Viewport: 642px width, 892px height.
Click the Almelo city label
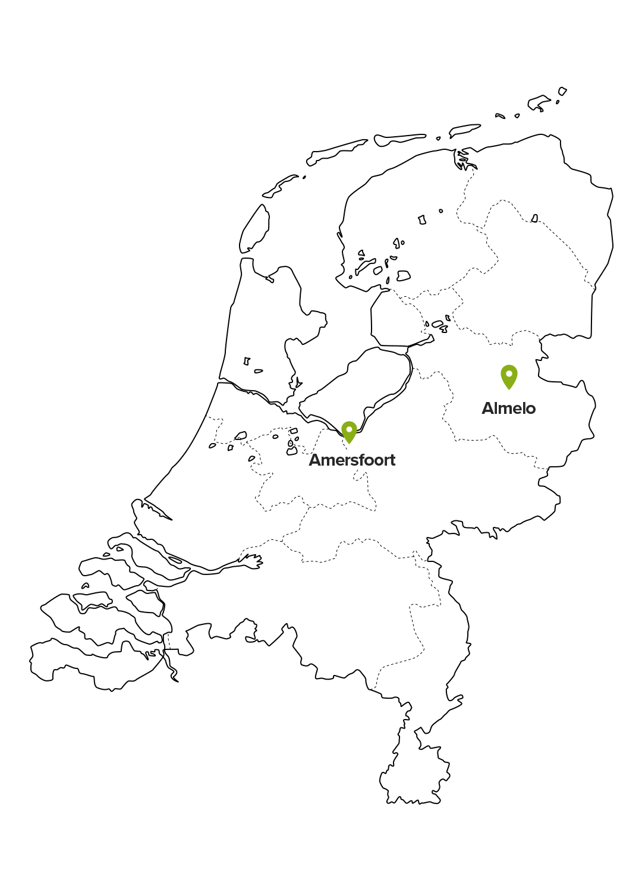[x=508, y=409]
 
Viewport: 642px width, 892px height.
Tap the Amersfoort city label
[x=352, y=460]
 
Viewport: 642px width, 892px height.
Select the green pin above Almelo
[x=509, y=376]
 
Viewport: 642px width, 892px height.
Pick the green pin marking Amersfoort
[x=349, y=432]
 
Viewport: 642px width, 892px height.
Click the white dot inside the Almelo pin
[x=509, y=373]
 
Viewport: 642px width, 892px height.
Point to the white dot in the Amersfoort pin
[x=349, y=429]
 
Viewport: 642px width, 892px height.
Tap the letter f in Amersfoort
[x=365, y=460]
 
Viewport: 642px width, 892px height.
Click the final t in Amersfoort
[x=392, y=461]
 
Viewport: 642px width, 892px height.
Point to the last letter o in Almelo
[x=531, y=410]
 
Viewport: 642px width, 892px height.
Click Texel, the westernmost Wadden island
[x=254, y=230]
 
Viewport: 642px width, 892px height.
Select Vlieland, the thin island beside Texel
[x=280, y=186]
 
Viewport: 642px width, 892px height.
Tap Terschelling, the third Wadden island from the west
[x=336, y=152]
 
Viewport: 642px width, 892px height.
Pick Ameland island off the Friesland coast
[x=399, y=140]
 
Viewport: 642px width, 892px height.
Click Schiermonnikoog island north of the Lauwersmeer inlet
[x=464, y=130]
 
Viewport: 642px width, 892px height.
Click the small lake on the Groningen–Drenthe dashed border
[x=534, y=218]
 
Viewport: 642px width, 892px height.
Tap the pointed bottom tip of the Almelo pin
[x=509, y=390]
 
